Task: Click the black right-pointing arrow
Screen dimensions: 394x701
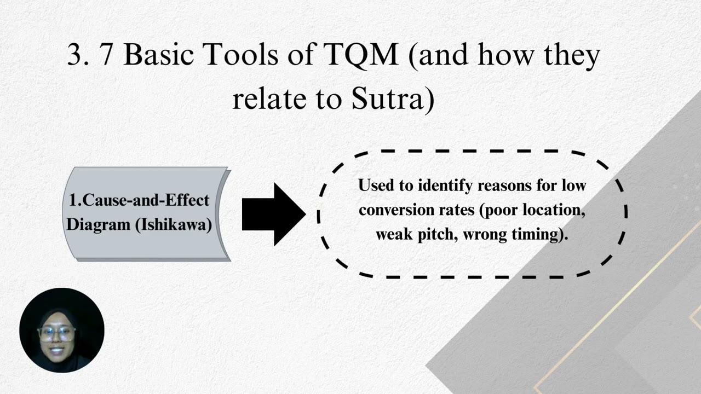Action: [273, 214]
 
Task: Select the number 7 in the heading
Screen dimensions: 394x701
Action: [106, 55]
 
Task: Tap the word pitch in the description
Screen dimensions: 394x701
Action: [440, 235]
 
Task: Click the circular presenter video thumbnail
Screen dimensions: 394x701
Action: [61, 330]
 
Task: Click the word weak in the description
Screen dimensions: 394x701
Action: [394, 235]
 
